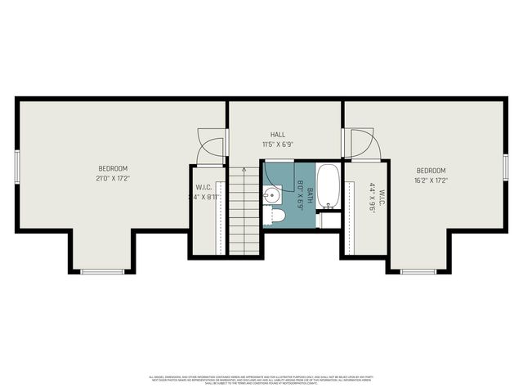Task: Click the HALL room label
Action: click(278, 135)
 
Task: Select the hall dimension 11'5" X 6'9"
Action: click(278, 145)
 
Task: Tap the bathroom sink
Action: click(271, 196)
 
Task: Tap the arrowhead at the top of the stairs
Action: click(244, 167)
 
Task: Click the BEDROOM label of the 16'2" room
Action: click(430, 171)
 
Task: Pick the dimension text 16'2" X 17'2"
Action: click(430, 180)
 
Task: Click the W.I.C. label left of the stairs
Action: click(203, 187)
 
